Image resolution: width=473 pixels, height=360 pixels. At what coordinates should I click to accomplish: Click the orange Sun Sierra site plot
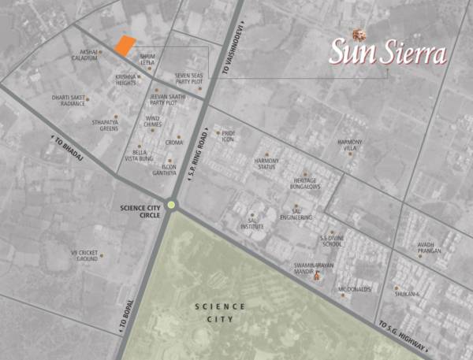coord(125,45)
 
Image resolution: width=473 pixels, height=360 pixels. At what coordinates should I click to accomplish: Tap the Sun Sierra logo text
coord(387,53)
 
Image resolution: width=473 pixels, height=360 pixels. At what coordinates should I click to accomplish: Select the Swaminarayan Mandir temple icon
coord(318,276)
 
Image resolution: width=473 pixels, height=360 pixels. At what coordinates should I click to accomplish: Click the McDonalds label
coord(353,289)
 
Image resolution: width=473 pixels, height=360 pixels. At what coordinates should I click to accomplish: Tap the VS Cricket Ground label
coord(84,255)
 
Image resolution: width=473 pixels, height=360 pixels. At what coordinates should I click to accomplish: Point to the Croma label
coord(174,143)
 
